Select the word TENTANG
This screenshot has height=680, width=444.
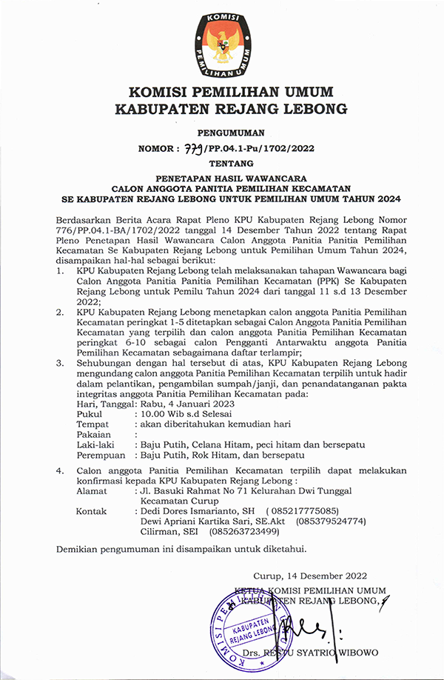[x=221, y=163]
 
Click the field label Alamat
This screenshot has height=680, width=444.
[x=92, y=491]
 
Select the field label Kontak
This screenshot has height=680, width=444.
[x=92, y=511]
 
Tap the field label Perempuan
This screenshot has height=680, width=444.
[x=100, y=454]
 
